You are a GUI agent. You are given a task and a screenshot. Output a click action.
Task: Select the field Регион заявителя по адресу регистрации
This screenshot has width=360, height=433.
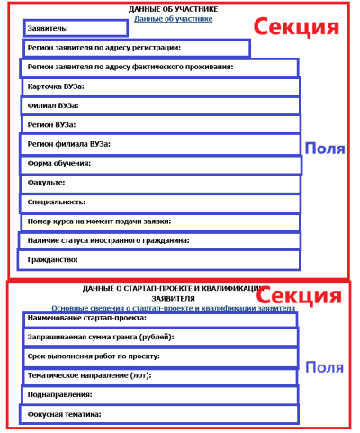(x=135, y=48)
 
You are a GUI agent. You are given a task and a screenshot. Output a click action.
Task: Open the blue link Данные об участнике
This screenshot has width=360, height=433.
(x=173, y=18)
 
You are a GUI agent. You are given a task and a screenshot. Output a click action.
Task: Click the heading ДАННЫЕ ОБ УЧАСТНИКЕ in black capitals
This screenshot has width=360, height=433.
(x=173, y=9)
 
